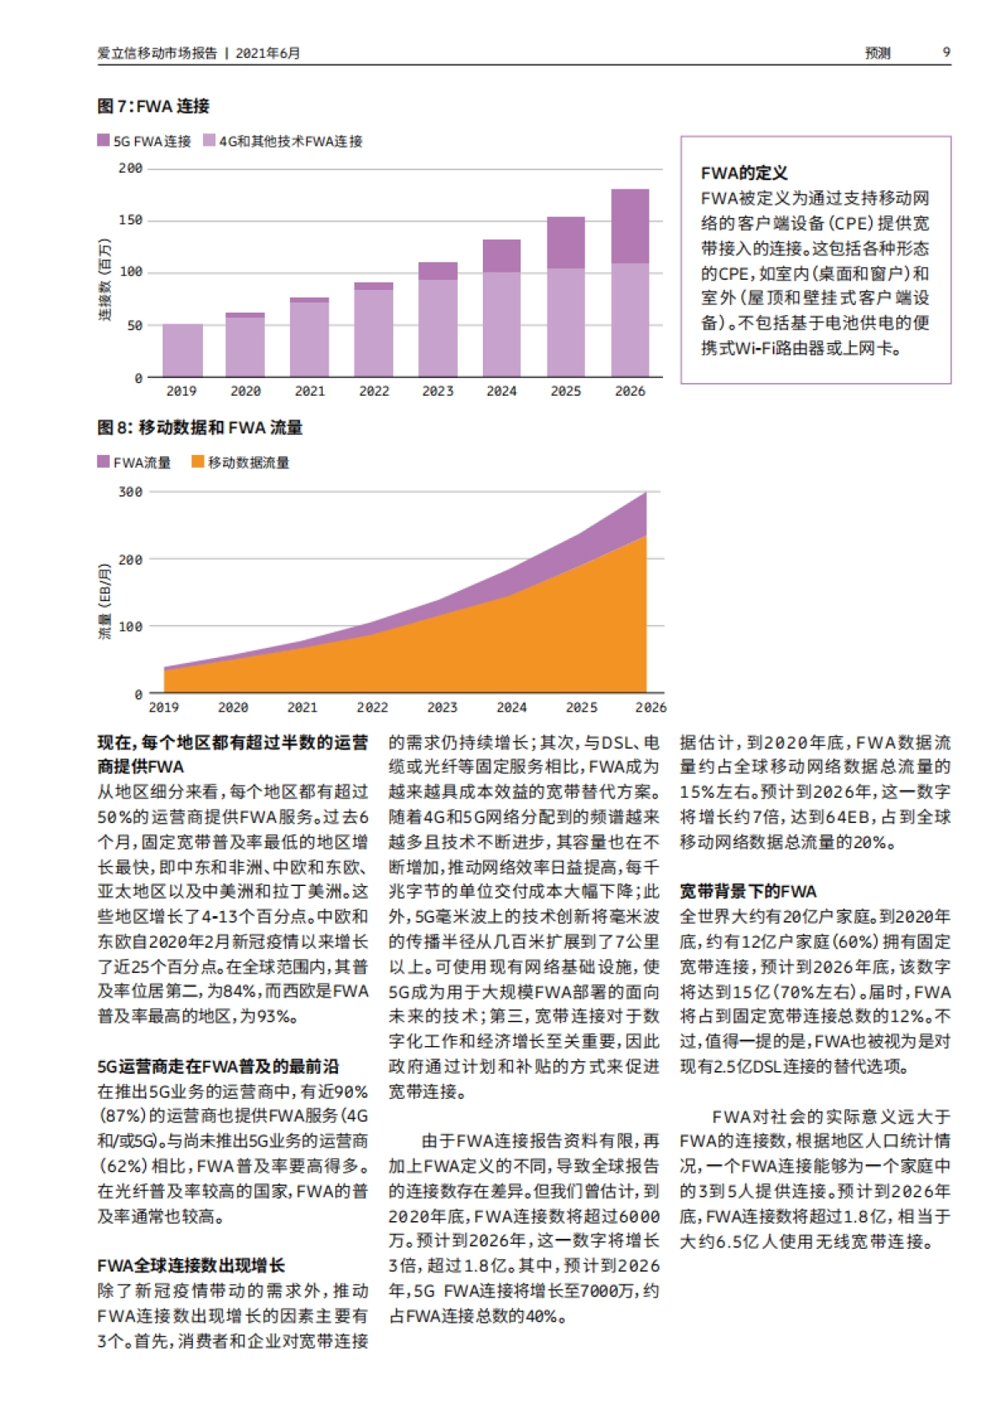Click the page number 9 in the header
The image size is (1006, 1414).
[x=946, y=52]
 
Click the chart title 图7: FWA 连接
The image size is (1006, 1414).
[x=153, y=106]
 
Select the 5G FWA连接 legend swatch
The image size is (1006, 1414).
[x=103, y=141]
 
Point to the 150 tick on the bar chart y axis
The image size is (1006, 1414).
[x=131, y=220]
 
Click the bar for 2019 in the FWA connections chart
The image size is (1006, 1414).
[x=182, y=350]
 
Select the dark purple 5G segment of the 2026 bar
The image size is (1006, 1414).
[x=630, y=226]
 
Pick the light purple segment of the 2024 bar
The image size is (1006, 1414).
[x=501, y=324]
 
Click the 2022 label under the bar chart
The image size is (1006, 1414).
[x=374, y=391]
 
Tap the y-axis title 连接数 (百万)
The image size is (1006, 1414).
[x=105, y=280]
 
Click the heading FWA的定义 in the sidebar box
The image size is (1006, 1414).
[x=744, y=174]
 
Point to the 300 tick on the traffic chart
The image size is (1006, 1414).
[x=131, y=492]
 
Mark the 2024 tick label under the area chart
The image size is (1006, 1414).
[x=511, y=707]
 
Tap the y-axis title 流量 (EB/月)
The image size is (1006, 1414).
[x=105, y=602]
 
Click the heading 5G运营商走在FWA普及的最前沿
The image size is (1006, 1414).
[x=218, y=1066]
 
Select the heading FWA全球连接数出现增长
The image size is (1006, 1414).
[x=191, y=1266]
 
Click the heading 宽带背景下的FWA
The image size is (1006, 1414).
[x=748, y=891]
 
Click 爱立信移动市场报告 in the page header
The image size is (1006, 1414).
[x=157, y=53]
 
